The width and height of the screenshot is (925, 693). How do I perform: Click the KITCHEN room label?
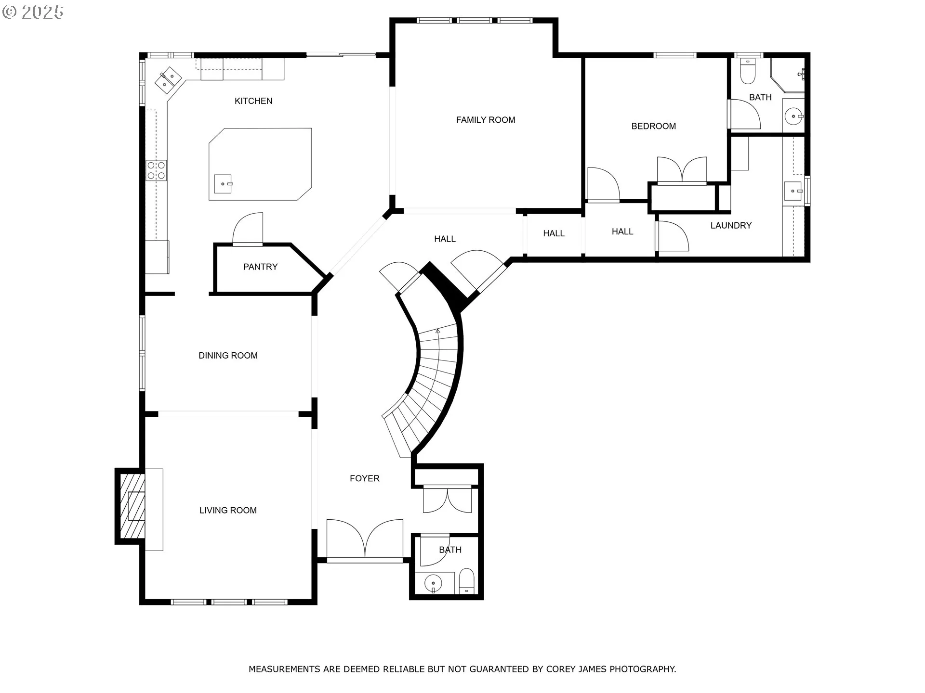[253, 101]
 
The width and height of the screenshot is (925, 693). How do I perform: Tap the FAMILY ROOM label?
[486, 120]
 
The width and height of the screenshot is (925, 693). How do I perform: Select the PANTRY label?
[260, 267]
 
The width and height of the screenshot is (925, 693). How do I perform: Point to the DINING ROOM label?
[228, 356]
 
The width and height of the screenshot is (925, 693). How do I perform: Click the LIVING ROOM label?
[228, 510]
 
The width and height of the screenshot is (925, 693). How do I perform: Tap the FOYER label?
[365, 478]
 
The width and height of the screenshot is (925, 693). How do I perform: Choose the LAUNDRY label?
[731, 225]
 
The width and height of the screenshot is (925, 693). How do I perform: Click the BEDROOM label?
[654, 126]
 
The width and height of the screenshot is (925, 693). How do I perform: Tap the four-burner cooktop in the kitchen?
[157, 170]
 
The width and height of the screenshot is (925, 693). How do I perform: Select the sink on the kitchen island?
[223, 184]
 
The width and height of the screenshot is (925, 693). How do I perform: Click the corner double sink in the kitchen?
[168, 80]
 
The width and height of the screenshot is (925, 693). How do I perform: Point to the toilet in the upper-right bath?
[748, 71]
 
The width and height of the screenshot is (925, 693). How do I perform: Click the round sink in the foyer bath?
[434, 584]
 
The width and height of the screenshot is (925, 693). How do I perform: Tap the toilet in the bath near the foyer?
[466, 581]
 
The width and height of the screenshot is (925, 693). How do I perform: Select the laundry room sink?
[793, 191]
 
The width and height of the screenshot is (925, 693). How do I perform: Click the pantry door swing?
[248, 229]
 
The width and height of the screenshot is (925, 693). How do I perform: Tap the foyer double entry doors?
[365, 539]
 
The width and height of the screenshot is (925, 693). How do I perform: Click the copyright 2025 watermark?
[33, 12]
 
